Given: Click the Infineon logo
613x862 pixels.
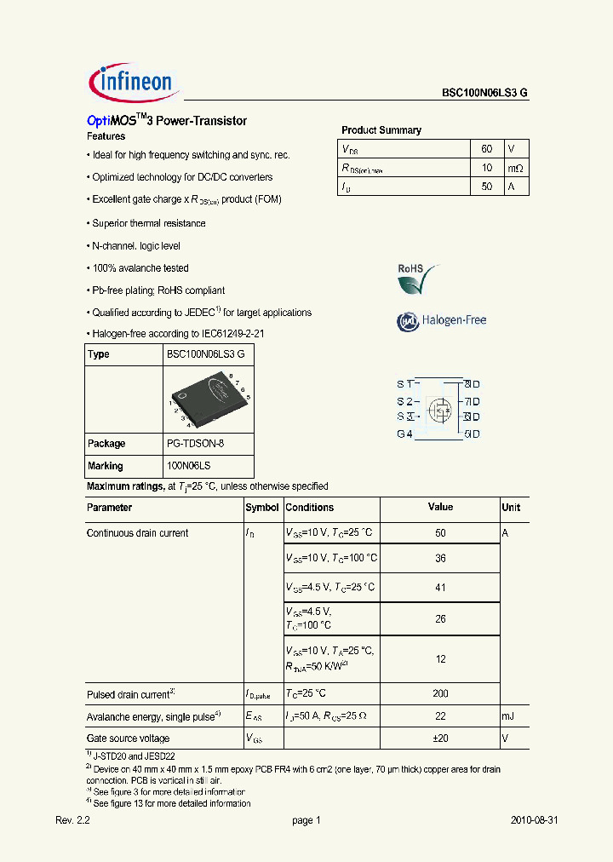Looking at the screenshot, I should (x=131, y=82).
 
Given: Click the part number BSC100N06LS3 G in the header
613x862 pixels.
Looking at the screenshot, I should (x=484, y=95).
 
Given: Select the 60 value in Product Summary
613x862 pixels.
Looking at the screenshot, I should (x=487, y=148).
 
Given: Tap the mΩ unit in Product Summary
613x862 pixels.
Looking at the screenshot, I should (x=515, y=168).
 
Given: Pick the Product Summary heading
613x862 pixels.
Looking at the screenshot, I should (x=381, y=130).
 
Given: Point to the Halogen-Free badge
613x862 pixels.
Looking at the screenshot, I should (x=442, y=321).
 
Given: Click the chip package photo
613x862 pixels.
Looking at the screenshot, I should (x=209, y=398).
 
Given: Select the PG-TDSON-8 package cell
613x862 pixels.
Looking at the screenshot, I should (x=195, y=444).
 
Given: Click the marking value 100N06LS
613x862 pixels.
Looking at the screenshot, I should (x=188, y=466).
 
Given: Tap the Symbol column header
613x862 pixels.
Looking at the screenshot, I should (x=262, y=508).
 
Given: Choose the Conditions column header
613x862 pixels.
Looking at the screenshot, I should (x=310, y=508).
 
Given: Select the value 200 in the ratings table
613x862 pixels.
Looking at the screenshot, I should (x=440, y=694).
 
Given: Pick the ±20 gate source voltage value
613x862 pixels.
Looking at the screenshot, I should (x=440, y=738).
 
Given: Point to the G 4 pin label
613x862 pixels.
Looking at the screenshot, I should (x=404, y=434).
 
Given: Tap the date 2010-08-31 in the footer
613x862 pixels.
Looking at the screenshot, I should (x=534, y=820).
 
